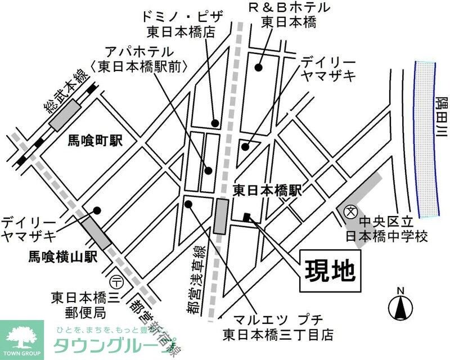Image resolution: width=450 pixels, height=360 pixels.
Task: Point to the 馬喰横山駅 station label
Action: click(63, 257)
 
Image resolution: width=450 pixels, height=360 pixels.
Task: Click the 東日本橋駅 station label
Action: click(267, 191)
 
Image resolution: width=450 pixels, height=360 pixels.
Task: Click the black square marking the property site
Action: click(246, 217)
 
